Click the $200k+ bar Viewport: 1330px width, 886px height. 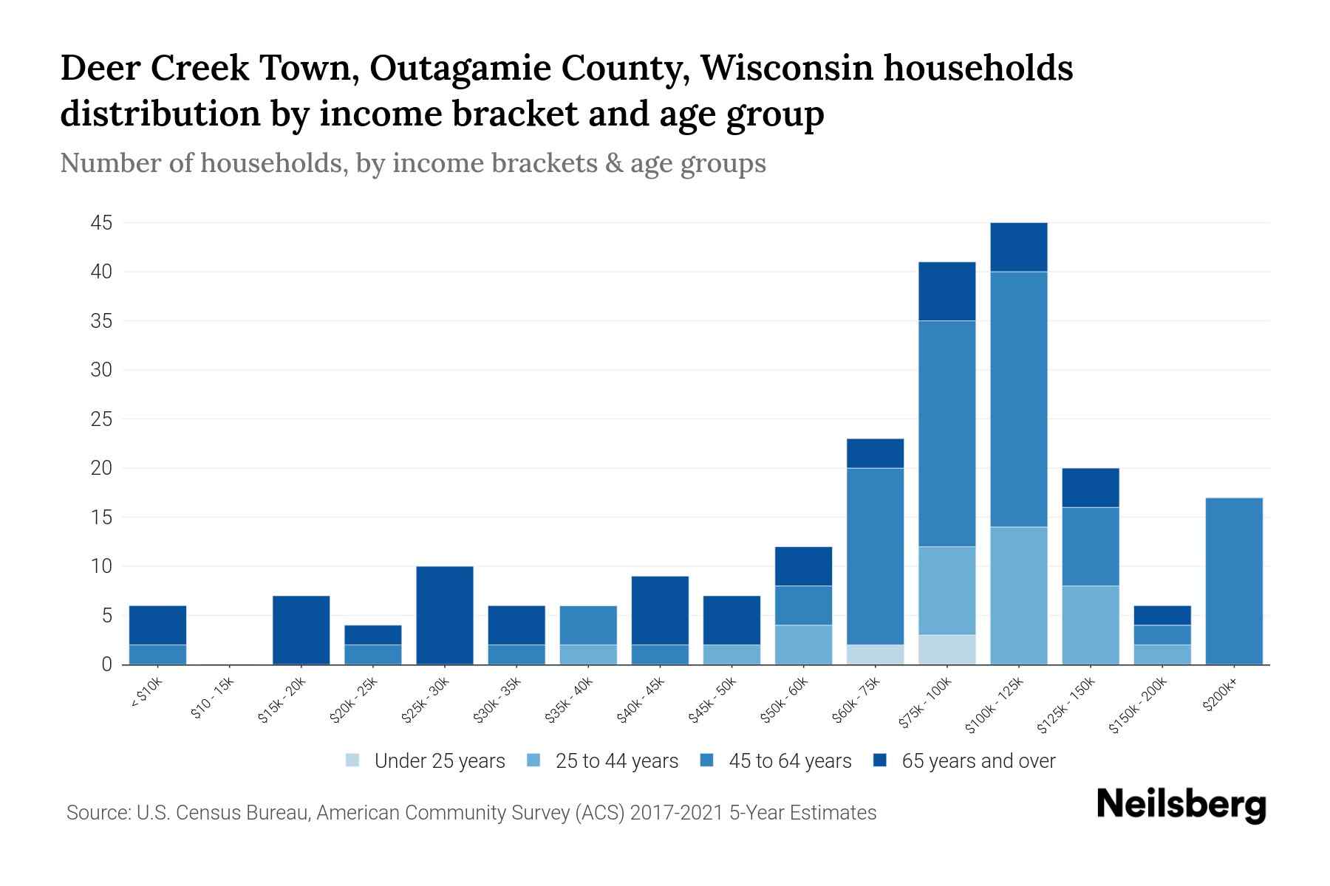[1234, 582]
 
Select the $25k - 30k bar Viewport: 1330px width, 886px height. [445, 616]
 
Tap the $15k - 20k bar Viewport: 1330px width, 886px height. [301, 631]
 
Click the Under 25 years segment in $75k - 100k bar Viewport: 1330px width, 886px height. [947, 650]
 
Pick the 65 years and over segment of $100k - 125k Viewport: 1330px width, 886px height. [1019, 247]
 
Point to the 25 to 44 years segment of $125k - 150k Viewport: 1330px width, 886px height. [1091, 625]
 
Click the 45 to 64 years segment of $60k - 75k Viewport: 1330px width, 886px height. [875, 557]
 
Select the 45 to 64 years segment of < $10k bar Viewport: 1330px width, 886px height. [157, 655]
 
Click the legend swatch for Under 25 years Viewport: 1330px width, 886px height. [353, 760]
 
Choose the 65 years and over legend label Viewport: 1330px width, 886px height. [978, 761]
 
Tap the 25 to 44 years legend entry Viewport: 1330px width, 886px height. [617, 761]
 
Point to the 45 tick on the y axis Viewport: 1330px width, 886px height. [101, 223]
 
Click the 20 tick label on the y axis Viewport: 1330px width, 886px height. [101, 468]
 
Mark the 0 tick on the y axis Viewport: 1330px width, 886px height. [106, 664]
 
